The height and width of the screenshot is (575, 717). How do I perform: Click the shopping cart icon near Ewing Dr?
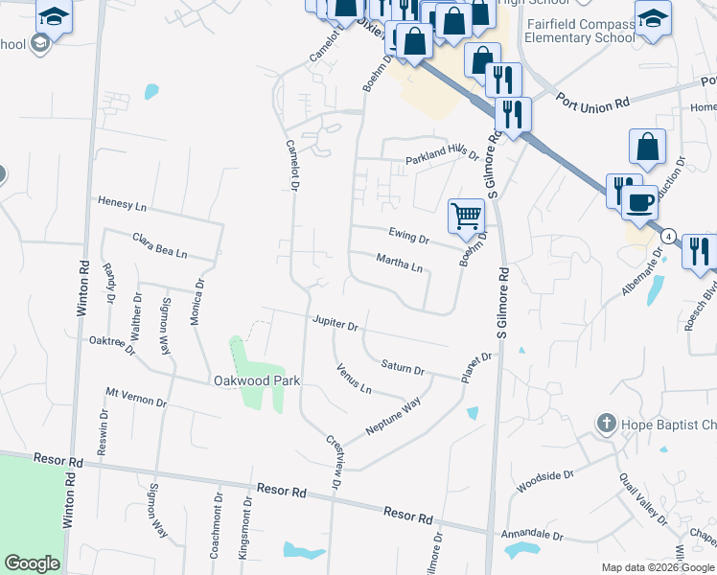pos(466,216)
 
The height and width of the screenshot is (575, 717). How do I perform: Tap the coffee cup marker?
pos(639,202)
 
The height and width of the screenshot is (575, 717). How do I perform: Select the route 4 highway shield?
pos(668,236)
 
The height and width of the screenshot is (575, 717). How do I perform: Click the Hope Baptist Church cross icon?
pos(605,423)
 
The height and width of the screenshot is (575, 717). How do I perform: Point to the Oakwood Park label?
pos(255,380)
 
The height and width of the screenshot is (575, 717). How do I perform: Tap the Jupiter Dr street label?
pos(334,324)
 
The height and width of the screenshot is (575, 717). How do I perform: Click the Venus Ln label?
pos(353,379)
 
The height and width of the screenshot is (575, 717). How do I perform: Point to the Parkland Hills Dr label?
pos(441,157)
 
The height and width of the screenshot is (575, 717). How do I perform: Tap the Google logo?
pos(33,563)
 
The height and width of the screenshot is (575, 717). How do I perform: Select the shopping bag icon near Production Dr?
pos(648,147)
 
